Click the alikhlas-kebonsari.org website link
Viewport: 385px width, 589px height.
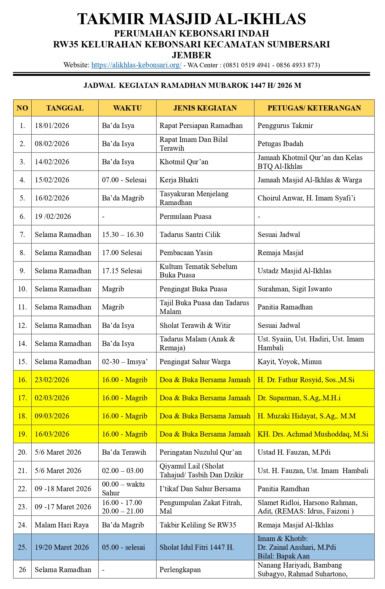[x=136, y=65]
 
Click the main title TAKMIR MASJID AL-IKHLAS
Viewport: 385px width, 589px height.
[x=192, y=19]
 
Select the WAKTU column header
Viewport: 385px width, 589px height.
[x=127, y=108]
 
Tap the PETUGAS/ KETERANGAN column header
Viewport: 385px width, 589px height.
[x=314, y=108]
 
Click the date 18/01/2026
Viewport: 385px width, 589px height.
[x=52, y=126]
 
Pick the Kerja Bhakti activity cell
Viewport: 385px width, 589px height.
[x=179, y=180]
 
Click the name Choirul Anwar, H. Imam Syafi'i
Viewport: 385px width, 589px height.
[x=306, y=198]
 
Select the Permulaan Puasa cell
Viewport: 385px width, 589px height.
[x=185, y=216]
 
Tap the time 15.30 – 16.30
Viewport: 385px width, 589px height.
[x=122, y=235]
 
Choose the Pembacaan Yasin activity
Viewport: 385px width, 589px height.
[x=186, y=253]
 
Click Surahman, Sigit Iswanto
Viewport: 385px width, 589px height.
[x=294, y=289]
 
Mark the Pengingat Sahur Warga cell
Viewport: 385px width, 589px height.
[x=195, y=362]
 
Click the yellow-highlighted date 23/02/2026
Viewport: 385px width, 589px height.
[x=52, y=380]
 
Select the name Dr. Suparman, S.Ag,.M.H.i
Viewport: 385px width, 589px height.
[x=299, y=398]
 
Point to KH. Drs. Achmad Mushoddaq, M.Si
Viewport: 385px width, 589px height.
[x=313, y=434]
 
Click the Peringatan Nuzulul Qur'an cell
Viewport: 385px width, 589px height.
[x=201, y=452]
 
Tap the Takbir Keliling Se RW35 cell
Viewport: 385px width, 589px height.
[x=198, y=525]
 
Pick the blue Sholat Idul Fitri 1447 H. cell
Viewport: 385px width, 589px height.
[x=197, y=547]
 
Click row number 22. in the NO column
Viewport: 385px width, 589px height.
[x=22, y=489]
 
